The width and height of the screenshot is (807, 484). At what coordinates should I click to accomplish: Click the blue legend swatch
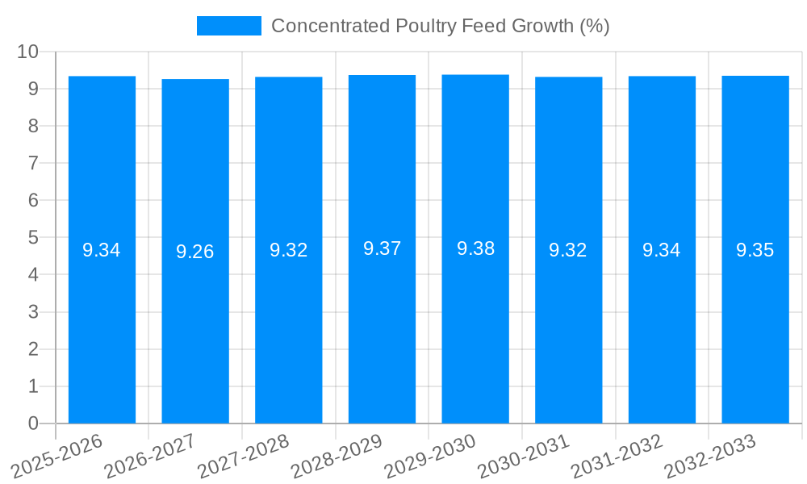(229, 26)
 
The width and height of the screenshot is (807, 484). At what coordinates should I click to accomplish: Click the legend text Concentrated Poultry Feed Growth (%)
(440, 26)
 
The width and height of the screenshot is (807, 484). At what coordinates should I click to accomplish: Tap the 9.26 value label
(195, 252)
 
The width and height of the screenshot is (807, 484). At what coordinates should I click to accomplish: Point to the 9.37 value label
(382, 248)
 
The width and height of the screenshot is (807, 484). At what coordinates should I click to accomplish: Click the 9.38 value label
(475, 248)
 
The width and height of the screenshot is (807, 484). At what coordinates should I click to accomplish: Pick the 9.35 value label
(755, 250)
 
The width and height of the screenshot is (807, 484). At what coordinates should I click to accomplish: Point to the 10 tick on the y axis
(27, 52)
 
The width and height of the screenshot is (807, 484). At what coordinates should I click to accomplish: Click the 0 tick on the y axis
(33, 423)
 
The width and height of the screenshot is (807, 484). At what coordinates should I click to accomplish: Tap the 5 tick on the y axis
(33, 238)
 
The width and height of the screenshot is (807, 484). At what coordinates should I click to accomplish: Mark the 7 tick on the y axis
(33, 163)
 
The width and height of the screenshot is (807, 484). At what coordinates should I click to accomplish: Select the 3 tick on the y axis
(33, 312)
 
